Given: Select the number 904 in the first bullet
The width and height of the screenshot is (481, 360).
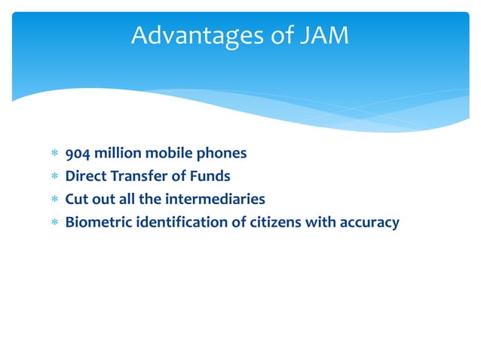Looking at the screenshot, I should (x=78, y=154).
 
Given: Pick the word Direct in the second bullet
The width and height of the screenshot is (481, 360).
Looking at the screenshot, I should (x=85, y=177).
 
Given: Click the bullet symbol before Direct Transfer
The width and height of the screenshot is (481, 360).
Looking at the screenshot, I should (x=54, y=178).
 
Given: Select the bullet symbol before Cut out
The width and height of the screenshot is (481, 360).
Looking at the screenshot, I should (x=54, y=200).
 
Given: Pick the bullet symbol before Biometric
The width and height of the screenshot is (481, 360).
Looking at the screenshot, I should (x=54, y=223).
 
